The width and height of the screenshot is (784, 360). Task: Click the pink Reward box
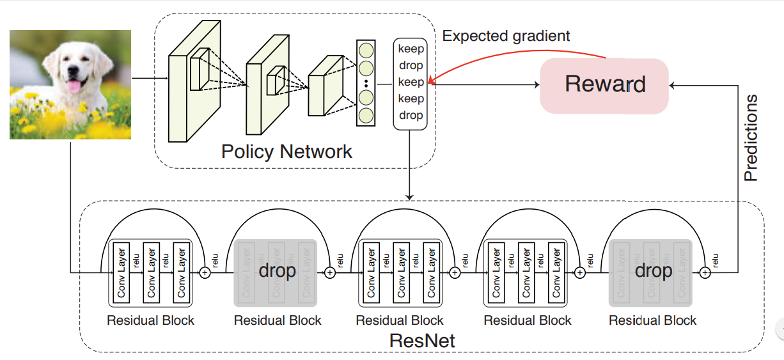click(x=604, y=85)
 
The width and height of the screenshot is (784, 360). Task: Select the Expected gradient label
click(x=505, y=36)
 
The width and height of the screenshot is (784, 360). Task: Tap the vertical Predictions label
click(x=751, y=137)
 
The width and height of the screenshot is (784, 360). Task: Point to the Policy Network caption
click(x=286, y=152)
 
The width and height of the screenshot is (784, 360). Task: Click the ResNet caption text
click(x=422, y=340)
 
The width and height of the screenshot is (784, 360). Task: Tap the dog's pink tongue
click(x=75, y=86)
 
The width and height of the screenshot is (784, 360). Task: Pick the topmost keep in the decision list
click(x=411, y=49)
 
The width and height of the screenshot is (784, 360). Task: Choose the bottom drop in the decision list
click(x=411, y=115)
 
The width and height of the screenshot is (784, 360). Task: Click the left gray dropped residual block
click(x=276, y=271)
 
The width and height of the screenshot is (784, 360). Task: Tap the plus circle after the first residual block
click(x=205, y=272)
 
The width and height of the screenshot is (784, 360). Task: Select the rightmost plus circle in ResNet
click(x=705, y=272)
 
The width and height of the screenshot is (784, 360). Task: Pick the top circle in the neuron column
click(x=366, y=50)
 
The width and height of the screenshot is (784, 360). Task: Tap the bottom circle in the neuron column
click(x=366, y=115)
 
